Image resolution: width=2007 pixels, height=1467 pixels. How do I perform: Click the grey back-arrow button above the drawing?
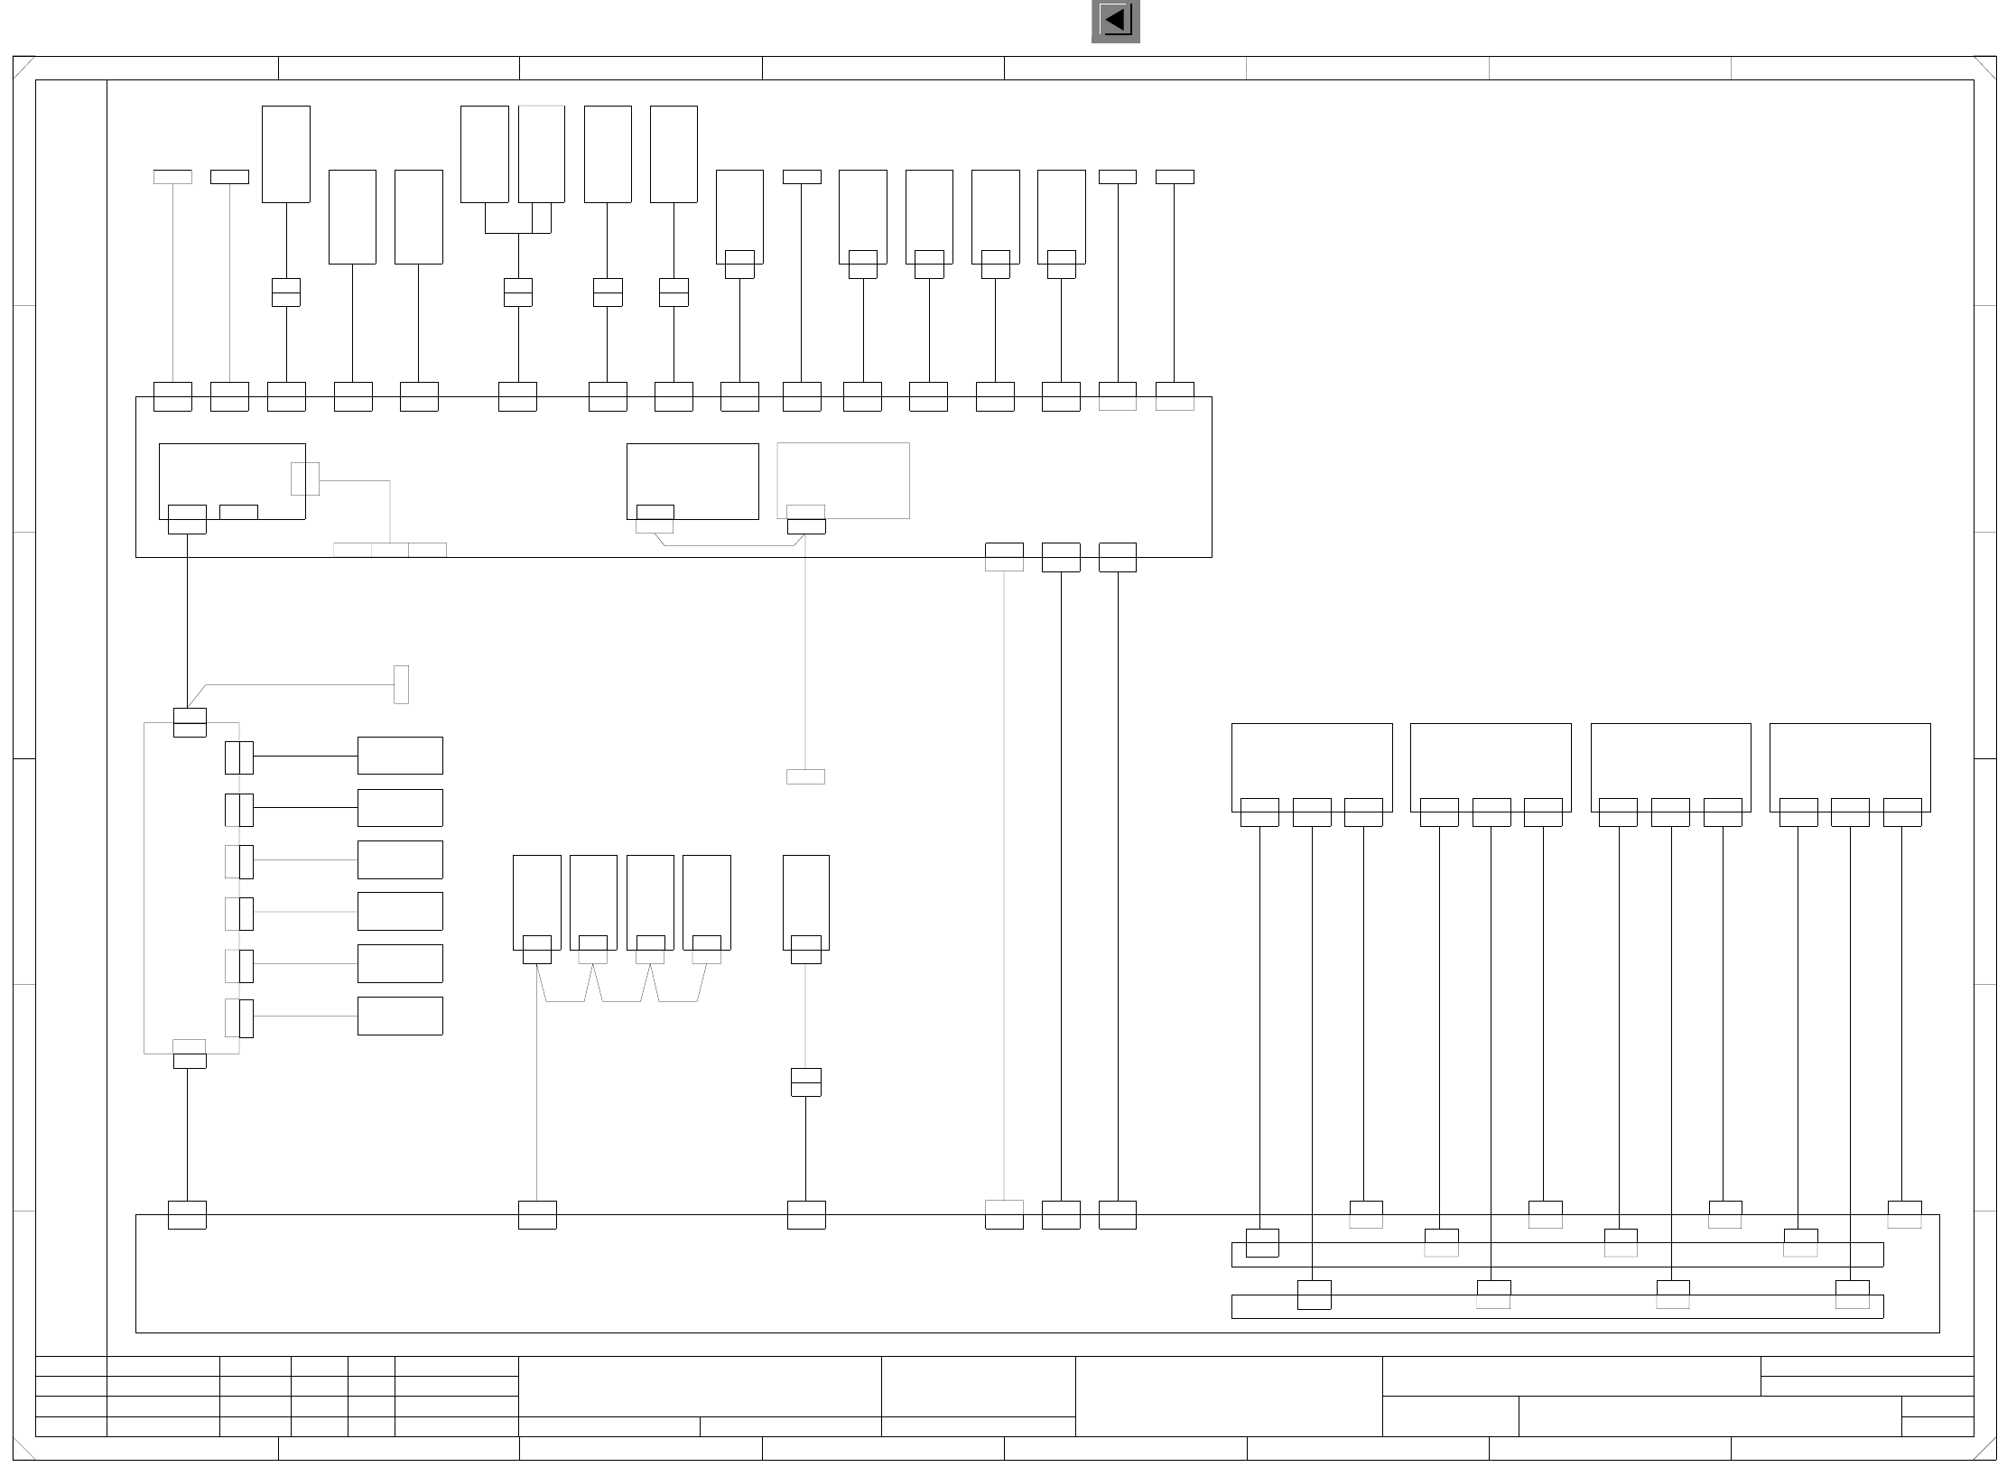pos(1115,21)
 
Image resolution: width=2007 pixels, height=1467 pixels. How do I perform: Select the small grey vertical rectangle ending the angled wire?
pos(401,684)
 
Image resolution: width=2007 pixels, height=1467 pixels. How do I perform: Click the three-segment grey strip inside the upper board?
pos(389,550)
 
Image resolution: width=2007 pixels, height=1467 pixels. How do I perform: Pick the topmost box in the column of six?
pos(400,756)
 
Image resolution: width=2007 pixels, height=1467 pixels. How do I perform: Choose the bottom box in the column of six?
pos(400,1016)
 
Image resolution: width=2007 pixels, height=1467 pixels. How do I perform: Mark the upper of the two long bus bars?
pos(1556,1255)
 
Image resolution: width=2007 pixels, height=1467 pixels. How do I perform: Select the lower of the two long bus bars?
pos(1556,1307)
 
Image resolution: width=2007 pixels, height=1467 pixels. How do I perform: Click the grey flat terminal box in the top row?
pos(172,177)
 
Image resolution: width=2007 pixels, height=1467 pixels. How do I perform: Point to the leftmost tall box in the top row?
pos(285,154)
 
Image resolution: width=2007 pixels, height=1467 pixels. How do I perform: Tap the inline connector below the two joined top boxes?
pos(517,292)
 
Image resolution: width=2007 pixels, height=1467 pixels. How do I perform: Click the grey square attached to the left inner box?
pos(305,478)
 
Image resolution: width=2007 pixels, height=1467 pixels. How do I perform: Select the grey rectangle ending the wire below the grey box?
pos(805,776)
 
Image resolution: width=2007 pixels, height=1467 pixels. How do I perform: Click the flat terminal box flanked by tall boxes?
pos(802,177)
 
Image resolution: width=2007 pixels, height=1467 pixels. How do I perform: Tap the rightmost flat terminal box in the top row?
pos(1175,177)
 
